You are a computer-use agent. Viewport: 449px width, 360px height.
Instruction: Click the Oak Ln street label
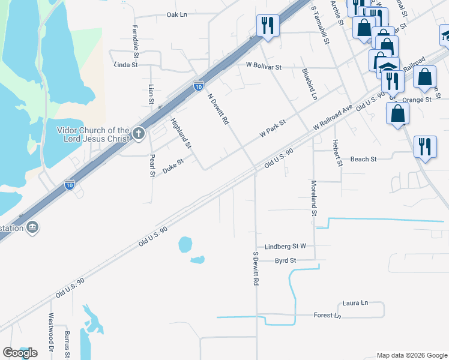point(177,14)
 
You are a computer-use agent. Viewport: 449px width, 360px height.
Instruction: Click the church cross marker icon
point(139,133)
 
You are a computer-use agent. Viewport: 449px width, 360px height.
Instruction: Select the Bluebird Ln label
point(309,84)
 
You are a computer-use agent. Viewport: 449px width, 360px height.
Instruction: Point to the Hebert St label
point(336,152)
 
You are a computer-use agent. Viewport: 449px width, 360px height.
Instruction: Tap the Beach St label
point(363,160)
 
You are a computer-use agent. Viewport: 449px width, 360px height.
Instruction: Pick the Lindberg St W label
point(285,247)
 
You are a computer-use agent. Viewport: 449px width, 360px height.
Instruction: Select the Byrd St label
point(286,261)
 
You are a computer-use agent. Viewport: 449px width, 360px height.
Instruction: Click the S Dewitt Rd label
point(256,268)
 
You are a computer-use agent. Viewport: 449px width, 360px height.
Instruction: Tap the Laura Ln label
point(355,304)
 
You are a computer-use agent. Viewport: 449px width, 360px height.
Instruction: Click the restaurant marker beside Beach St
point(425,146)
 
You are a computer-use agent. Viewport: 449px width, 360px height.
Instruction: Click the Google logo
point(20,353)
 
